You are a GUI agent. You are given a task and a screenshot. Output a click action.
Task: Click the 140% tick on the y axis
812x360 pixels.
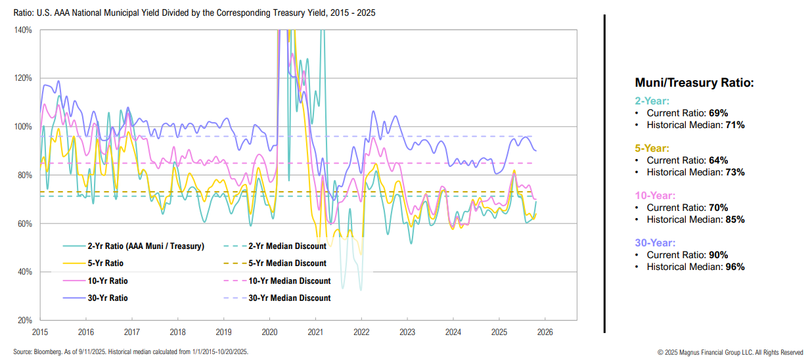[x=23, y=30]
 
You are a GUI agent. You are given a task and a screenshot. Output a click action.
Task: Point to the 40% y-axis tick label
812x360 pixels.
[x=25, y=272]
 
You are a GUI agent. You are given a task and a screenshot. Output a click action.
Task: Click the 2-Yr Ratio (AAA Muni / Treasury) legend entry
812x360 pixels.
[x=146, y=246]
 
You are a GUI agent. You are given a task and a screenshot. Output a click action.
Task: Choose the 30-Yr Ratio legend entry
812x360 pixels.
[x=108, y=298]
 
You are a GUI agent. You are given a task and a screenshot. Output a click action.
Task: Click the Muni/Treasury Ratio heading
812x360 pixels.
[x=694, y=83]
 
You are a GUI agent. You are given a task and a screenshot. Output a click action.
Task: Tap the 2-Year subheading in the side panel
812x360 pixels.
[x=652, y=101]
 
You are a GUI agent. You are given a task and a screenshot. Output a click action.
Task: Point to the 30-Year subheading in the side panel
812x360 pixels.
[x=654, y=243]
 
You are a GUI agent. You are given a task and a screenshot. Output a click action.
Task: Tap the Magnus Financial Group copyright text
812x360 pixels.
[x=730, y=352]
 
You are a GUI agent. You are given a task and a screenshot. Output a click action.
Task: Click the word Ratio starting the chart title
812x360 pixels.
[x=24, y=12]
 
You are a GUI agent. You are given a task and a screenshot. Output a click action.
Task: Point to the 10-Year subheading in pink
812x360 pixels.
[x=654, y=196]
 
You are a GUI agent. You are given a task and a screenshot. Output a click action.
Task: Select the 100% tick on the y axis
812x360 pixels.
[x=23, y=127]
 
